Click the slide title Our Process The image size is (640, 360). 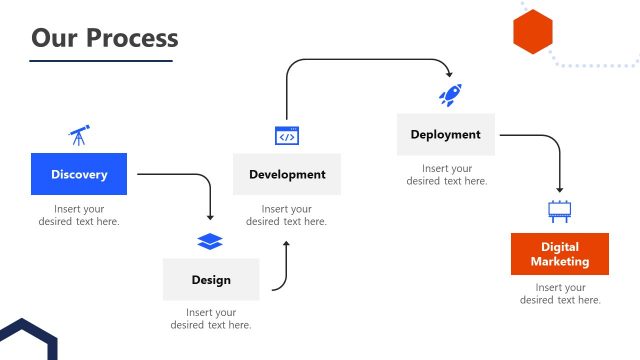pyautogui.click(x=104, y=38)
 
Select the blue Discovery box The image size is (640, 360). pyautogui.click(x=79, y=174)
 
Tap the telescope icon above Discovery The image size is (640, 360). pyautogui.click(x=79, y=134)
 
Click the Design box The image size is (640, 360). pyautogui.click(x=211, y=280)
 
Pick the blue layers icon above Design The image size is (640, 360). pyautogui.click(x=210, y=241)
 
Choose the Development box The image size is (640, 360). pyautogui.click(x=287, y=174)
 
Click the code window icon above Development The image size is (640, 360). pyautogui.click(x=287, y=136)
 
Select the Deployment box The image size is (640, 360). pyautogui.click(x=445, y=135)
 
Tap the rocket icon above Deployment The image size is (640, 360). pyautogui.click(x=449, y=95)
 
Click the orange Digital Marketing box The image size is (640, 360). pyautogui.click(x=560, y=254)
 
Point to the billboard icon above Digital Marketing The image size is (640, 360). pyautogui.click(x=559, y=211)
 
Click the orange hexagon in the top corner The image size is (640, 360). pyautogui.click(x=532, y=31)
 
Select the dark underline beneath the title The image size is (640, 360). pyautogui.click(x=100, y=61)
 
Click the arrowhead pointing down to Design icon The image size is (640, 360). pyautogui.click(x=210, y=216)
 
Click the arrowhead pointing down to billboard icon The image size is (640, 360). pyautogui.click(x=559, y=189)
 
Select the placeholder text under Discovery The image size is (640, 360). pyautogui.click(x=79, y=215)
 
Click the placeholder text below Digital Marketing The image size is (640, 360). pyautogui.click(x=560, y=294)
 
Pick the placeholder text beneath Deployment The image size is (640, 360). pyautogui.click(x=446, y=175)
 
